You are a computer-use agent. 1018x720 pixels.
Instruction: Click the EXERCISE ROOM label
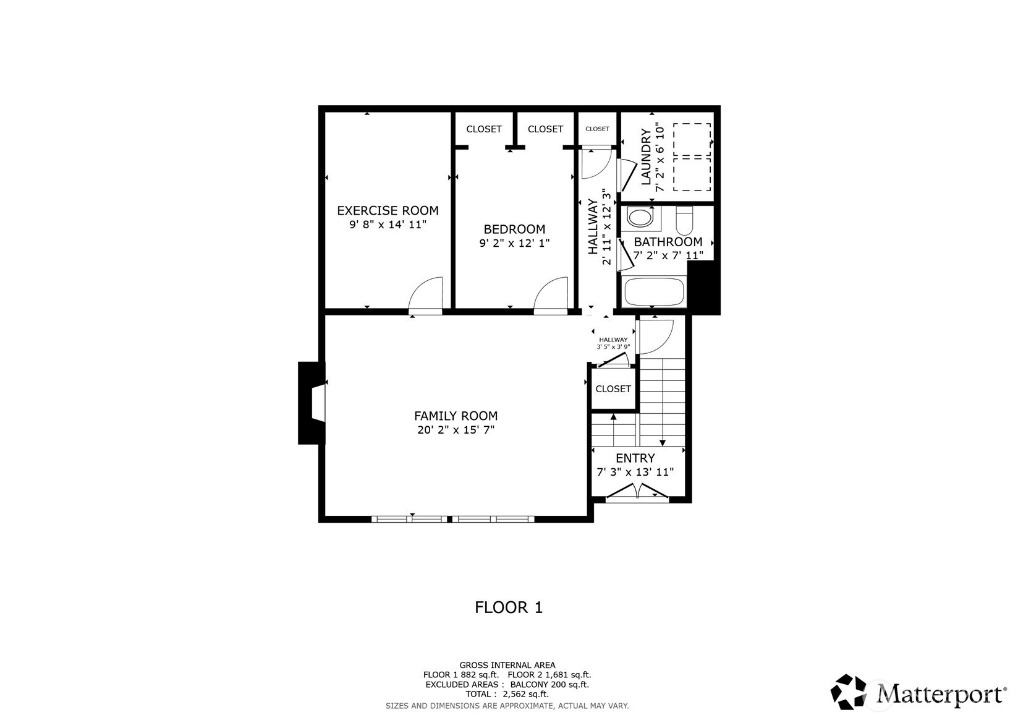click(388, 210)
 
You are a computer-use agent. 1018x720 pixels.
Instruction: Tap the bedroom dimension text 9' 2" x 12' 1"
click(514, 243)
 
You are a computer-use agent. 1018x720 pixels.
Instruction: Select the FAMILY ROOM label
click(456, 416)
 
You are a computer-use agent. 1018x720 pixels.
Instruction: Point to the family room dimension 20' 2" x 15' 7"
click(456, 430)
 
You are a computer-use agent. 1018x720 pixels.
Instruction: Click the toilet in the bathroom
click(684, 220)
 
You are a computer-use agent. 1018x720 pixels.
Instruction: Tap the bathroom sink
click(640, 216)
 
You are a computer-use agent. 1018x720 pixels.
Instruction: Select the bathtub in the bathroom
click(654, 291)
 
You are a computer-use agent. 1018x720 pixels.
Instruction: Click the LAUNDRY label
click(645, 156)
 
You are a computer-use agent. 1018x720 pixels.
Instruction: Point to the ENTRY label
click(635, 458)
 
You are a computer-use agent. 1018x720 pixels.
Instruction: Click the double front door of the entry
click(638, 493)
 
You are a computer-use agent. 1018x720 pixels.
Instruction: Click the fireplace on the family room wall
click(312, 403)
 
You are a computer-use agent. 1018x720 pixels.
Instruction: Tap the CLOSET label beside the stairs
click(613, 389)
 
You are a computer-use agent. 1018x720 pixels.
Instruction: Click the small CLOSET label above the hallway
click(597, 129)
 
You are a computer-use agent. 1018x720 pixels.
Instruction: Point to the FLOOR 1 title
click(509, 607)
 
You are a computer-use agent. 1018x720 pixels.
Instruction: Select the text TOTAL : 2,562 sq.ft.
click(507, 694)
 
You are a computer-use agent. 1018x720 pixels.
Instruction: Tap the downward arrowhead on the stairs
click(663, 442)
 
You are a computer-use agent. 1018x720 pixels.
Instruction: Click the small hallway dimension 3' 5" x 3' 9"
click(613, 346)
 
